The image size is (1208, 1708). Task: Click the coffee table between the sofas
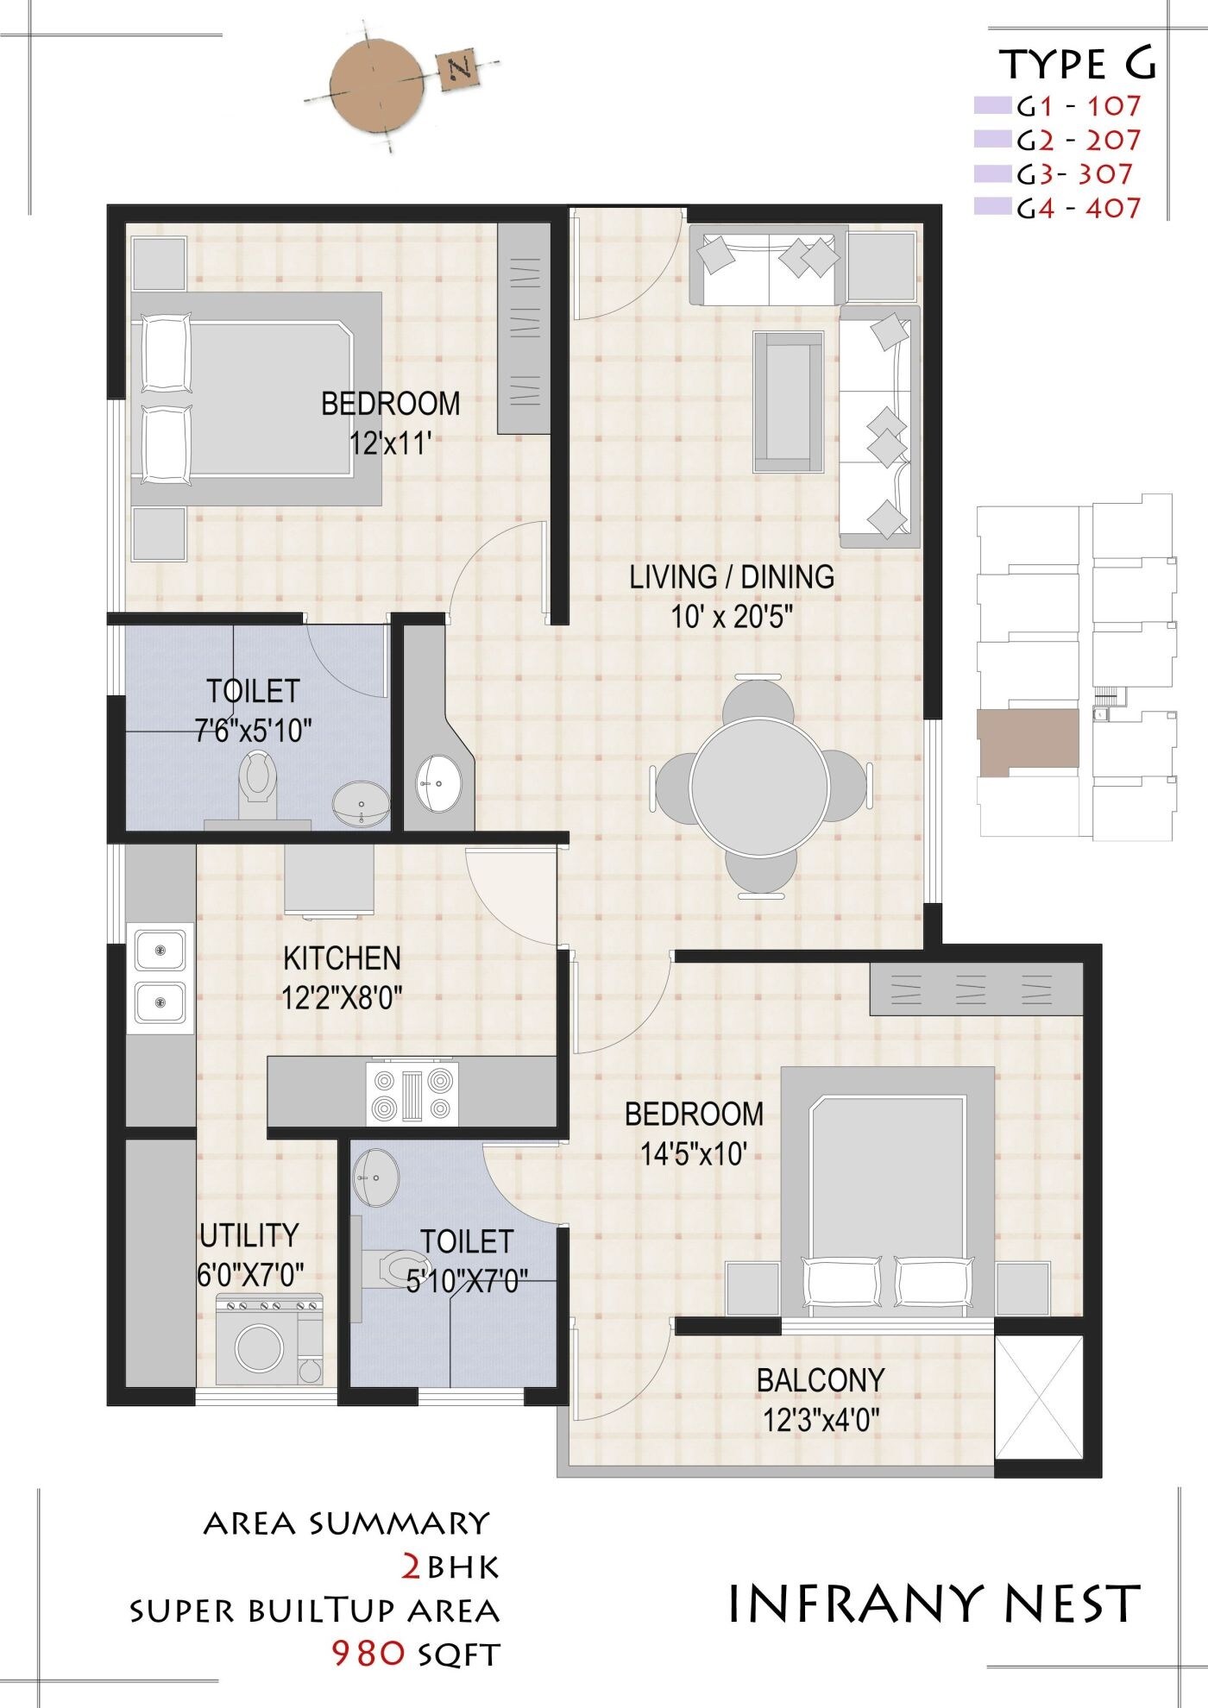tap(787, 402)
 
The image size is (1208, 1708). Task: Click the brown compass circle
tap(376, 88)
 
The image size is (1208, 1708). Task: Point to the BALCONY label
tap(820, 1380)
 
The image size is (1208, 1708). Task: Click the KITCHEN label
tap(342, 958)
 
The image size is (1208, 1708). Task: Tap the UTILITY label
tap(249, 1235)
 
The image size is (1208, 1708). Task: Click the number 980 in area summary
tap(369, 1652)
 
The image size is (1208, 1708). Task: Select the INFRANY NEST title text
tap(934, 1603)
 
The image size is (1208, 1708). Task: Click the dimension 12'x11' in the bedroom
tap(390, 443)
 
